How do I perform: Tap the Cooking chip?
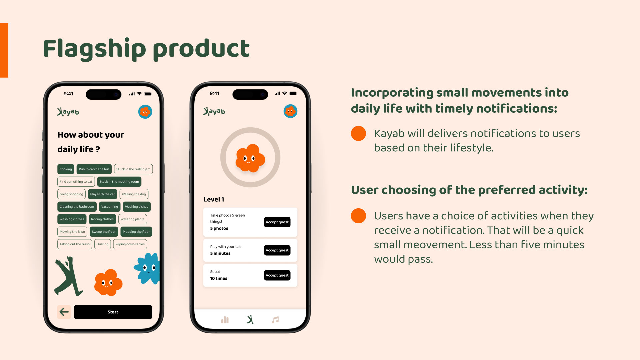coord(66,169)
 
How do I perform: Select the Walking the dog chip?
coord(134,194)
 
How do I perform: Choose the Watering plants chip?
coord(132,219)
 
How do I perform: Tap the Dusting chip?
coord(102,244)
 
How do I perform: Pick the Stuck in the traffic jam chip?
coord(133,169)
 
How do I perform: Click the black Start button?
coord(113,312)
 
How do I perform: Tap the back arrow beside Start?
coord(64,312)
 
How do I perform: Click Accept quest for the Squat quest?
coord(277,275)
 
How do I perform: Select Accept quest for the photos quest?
coord(277,222)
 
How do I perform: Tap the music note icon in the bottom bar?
coord(275,320)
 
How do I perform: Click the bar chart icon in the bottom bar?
coord(225,320)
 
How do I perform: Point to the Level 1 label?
coord(214,199)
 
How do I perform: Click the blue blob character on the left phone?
coord(147,268)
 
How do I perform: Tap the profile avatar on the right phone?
coord(290,111)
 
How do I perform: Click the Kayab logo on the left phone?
coord(68,112)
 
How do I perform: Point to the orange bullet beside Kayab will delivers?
coord(358,133)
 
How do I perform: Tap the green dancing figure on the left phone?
coord(68,276)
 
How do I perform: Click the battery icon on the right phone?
coord(293,94)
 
